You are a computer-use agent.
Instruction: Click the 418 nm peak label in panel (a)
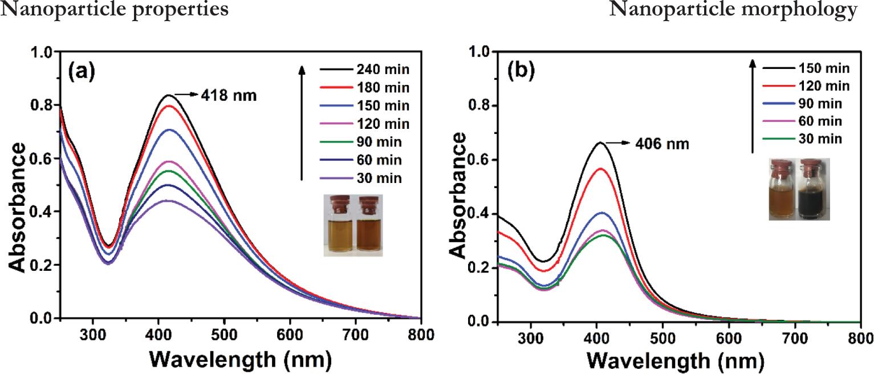[229, 96]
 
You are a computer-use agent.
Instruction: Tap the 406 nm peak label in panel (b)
[662, 144]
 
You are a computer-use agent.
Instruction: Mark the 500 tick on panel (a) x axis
[225, 334]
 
